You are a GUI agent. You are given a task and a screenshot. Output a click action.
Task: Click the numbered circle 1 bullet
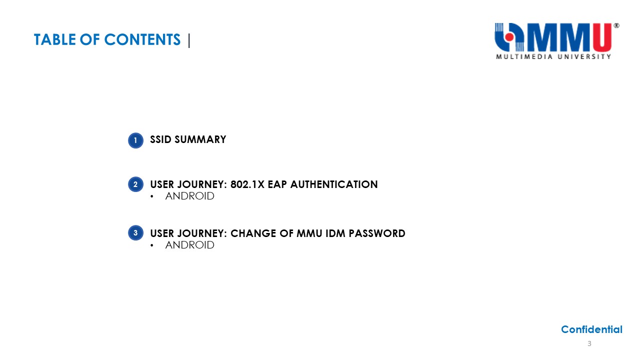point(135,140)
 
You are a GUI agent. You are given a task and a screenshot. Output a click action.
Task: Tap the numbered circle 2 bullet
point(135,184)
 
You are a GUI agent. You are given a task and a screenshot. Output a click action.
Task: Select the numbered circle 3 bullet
point(135,233)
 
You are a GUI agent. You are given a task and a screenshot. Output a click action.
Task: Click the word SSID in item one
point(160,139)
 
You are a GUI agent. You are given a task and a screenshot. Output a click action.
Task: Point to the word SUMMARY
point(200,139)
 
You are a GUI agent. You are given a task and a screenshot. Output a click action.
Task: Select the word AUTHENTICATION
point(334,184)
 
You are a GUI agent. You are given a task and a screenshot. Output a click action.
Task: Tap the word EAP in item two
point(277,184)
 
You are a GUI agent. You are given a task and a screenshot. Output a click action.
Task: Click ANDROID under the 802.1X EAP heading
point(189,196)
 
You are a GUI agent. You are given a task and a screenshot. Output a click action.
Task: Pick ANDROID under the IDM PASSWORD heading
point(189,245)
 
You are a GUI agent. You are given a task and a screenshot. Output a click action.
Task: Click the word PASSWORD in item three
point(377,233)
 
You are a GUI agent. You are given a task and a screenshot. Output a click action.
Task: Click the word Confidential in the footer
point(591,329)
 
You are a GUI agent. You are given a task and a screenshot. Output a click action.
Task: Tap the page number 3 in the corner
point(589,343)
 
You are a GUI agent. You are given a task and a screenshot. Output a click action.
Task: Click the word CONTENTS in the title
point(142,39)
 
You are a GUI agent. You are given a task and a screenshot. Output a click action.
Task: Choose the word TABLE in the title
point(55,39)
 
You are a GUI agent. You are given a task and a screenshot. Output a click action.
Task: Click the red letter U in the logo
point(602,37)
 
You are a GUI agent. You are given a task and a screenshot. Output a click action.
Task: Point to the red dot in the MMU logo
point(509,37)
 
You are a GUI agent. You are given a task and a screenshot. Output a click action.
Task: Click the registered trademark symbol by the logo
point(616,25)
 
